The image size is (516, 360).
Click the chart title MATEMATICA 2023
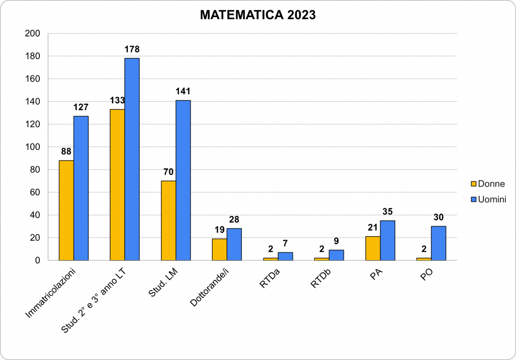[x=257, y=15]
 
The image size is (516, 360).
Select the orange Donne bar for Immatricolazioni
[x=66, y=210]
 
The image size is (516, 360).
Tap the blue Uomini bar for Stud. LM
[x=183, y=180]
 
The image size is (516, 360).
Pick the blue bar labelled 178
[x=132, y=159]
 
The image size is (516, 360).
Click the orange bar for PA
[x=372, y=248]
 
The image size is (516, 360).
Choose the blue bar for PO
[x=438, y=243]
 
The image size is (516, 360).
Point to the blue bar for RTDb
[x=336, y=255]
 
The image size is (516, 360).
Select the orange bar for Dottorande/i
[x=219, y=249]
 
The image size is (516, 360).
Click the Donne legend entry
[x=487, y=184]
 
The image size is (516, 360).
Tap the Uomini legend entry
[x=488, y=199]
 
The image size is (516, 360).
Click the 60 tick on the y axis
[x=35, y=192]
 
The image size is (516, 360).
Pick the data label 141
[x=183, y=91]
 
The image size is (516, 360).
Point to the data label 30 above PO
[x=438, y=217]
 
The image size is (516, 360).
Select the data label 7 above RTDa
[x=285, y=243]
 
